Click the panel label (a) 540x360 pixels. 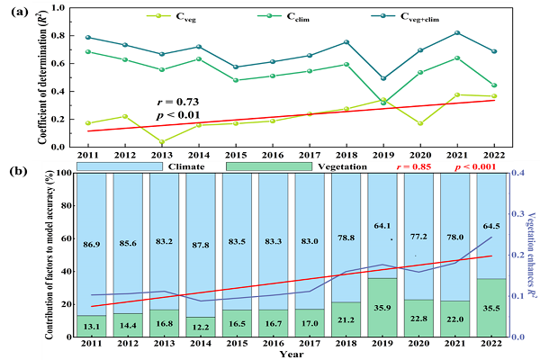(x=19, y=10)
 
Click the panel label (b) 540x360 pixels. (x=19, y=167)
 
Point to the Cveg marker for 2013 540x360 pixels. (x=162, y=141)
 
